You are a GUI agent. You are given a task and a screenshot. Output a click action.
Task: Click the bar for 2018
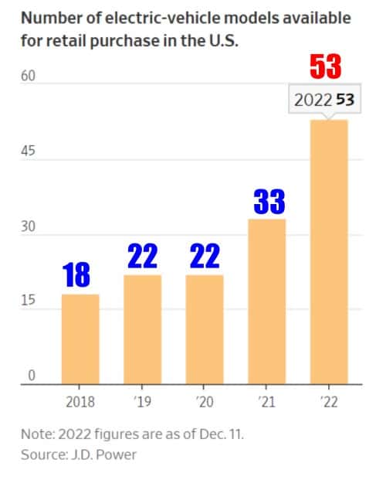[x=80, y=339]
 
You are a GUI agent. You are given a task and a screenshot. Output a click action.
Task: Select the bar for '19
[x=142, y=329]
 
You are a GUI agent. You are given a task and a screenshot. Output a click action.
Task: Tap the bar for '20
[x=204, y=329]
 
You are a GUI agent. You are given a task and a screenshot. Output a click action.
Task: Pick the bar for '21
[x=266, y=301]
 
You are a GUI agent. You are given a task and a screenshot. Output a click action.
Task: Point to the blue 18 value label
[x=77, y=274]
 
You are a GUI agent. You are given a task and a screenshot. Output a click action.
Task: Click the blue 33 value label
[x=269, y=202]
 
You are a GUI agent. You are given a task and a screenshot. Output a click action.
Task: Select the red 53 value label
[x=325, y=67]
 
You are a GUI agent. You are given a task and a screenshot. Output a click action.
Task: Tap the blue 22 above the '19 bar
[x=142, y=256]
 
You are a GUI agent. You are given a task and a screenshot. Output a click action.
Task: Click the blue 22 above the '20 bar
[x=204, y=256]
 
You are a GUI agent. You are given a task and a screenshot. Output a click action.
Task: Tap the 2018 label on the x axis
[x=80, y=402]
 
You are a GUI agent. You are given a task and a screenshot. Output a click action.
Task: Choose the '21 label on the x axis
[x=266, y=402]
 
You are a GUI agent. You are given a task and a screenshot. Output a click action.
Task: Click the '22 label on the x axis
[x=328, y=402]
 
